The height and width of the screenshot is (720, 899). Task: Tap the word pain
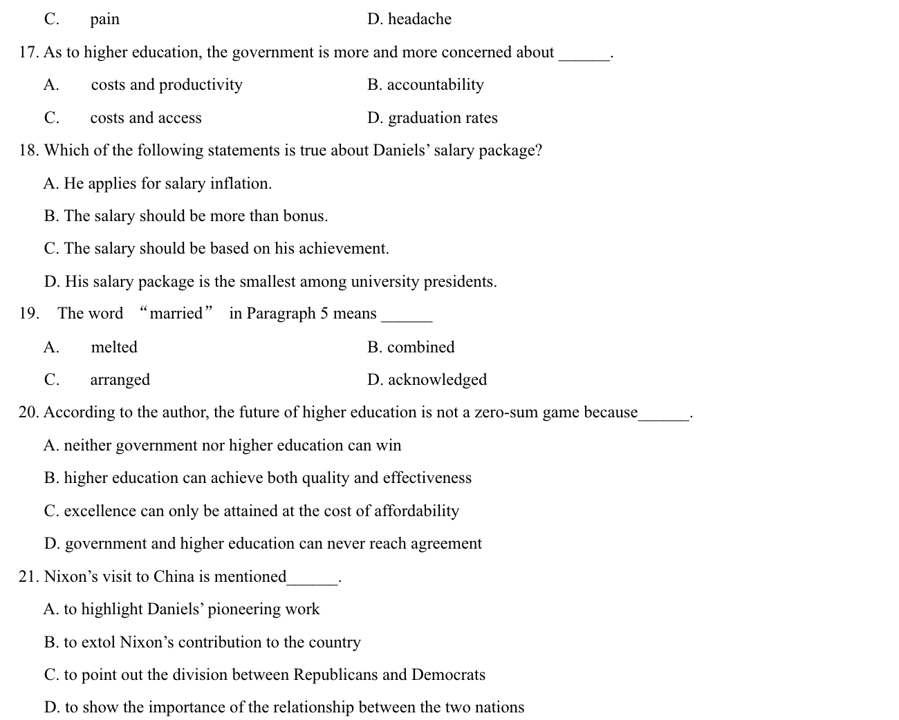tap(104, 20)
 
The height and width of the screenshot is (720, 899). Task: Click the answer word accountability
tap(435, 85)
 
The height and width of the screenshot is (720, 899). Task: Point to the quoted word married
tap(176, 314)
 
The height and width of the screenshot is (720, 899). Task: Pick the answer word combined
tap(420, 347)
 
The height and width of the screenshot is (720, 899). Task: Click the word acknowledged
tap(437, 380)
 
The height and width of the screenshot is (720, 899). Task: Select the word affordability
tap(416, 511)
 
